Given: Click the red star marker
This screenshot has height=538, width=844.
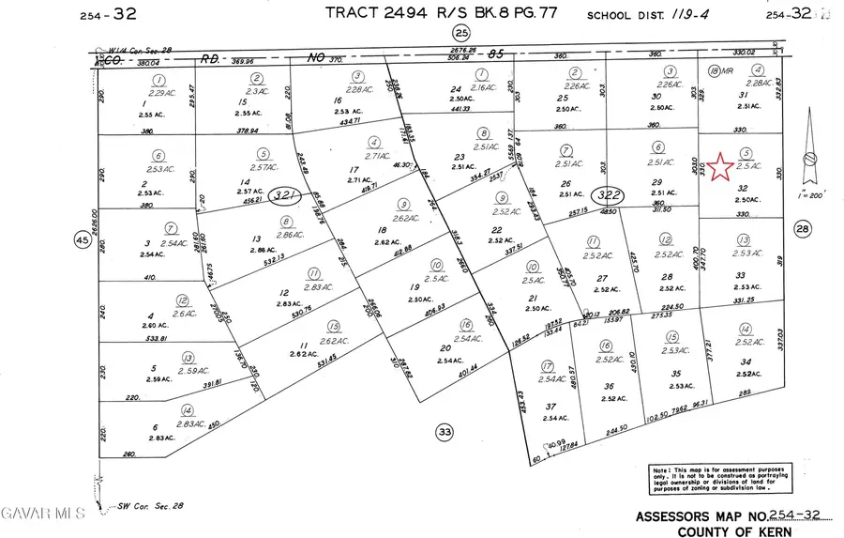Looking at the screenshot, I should (720, 167).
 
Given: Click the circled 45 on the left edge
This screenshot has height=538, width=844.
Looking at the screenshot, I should (80, 240).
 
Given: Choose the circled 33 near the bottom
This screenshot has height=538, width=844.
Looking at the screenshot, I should (444, 432).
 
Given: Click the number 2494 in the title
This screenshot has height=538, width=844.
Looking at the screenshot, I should (414, 12).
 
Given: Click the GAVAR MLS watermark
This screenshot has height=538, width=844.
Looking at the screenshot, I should (42, 513).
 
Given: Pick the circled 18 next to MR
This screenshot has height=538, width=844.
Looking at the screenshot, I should (714, 71).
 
